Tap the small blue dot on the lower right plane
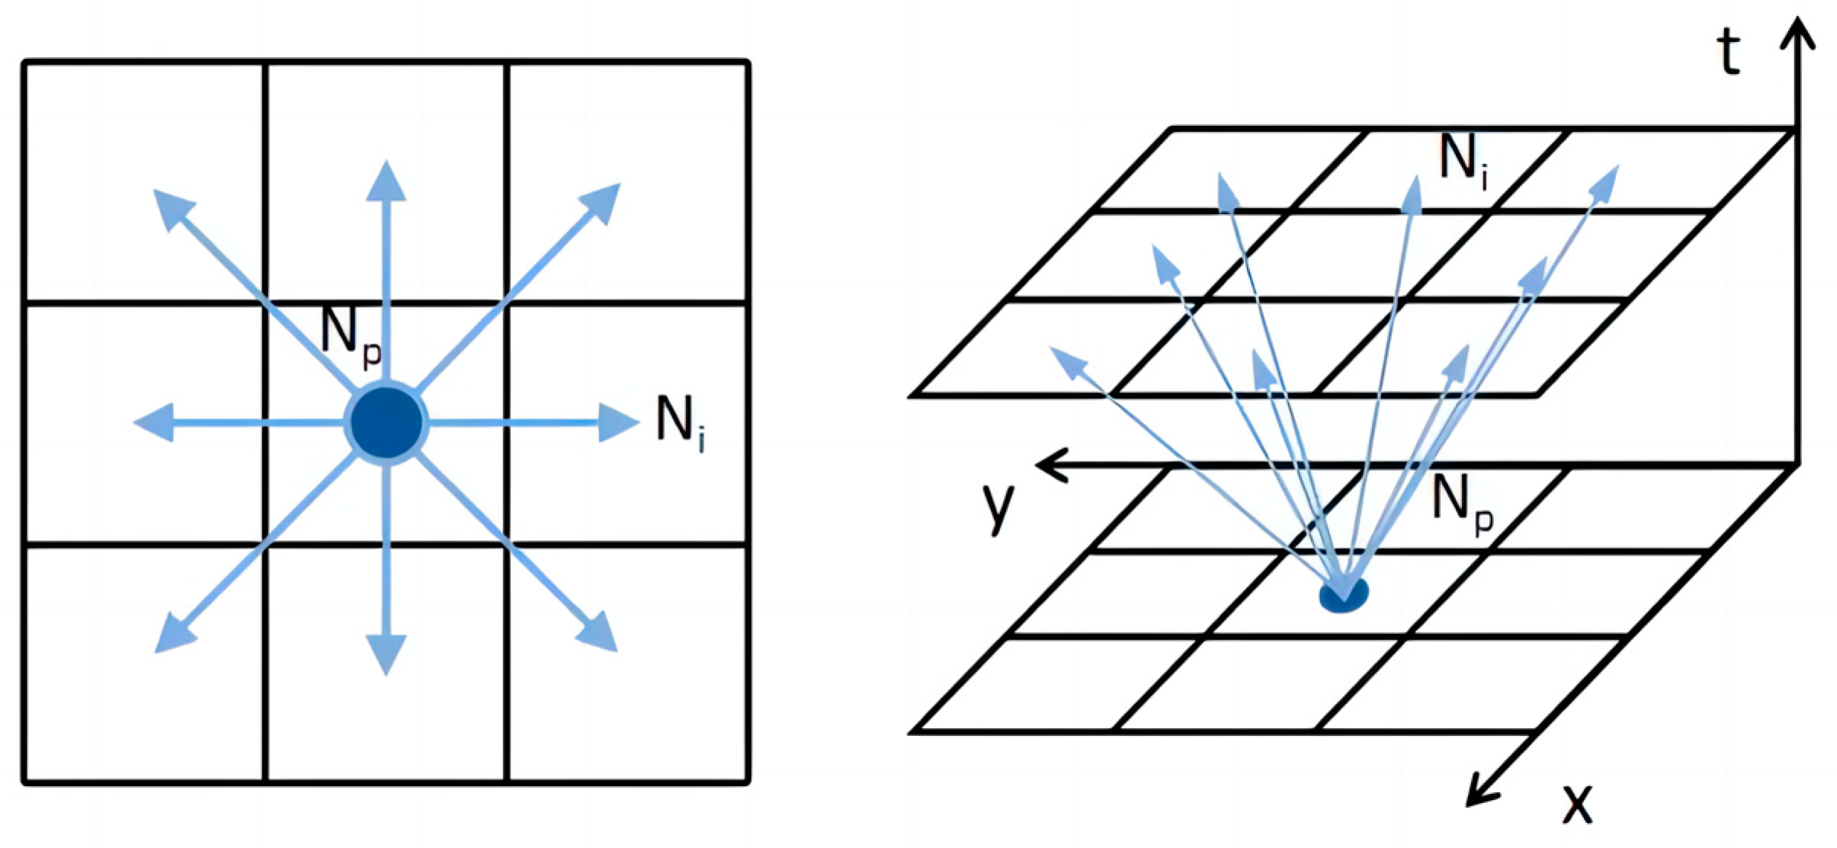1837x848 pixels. (x=1343, y=594)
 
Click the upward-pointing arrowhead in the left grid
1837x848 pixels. (x=386, y=181)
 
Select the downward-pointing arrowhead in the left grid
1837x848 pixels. (x=386, y=654)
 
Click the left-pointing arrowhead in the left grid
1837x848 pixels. (x=154, y=423)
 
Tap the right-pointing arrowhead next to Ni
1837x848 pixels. (x=617, y=423)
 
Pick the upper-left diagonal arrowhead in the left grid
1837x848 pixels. (x=172, y=207)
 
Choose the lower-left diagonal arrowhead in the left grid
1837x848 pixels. (x=174, y=634)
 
